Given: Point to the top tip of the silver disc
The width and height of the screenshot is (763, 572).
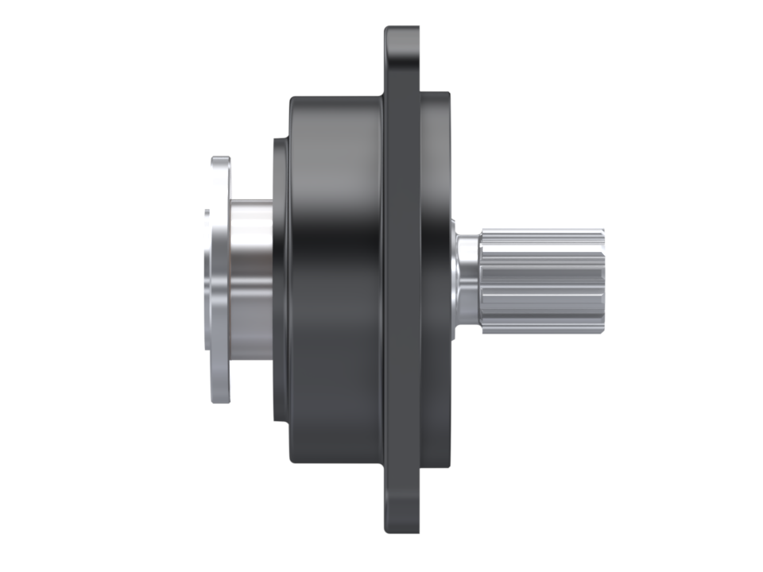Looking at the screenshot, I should click(x=220, y=159).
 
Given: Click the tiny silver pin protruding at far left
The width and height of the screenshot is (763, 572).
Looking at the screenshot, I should click(x=207, y=212).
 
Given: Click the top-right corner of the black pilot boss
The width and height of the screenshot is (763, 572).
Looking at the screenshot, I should click(x=448, y=95).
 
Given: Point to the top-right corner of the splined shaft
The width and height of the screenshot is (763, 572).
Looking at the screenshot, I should click(x=602, y=231).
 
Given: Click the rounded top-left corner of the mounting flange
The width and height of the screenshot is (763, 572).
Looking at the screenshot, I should click(x=389, y=31).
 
